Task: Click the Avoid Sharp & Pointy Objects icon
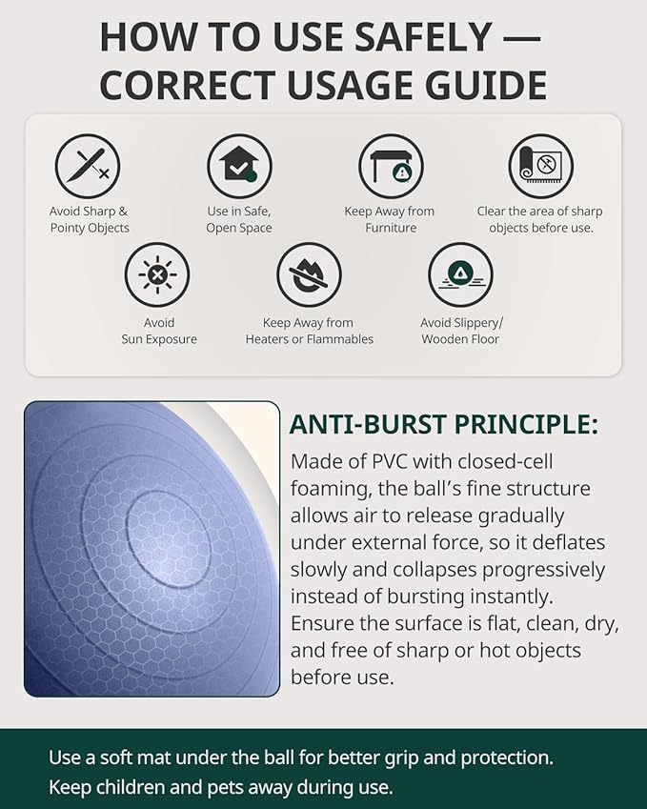pos(88,167)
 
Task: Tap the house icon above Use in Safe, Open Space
pos(239,167)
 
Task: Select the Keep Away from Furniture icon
pos(391,167)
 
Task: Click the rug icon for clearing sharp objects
pos(540,167)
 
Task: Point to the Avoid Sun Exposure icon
pos(157,275)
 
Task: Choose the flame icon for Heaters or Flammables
pos(309,275)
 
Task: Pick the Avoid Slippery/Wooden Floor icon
pos(460,275)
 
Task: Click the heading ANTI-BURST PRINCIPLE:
pos(443,425)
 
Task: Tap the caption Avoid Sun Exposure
pos(159,331)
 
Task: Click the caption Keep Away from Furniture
pos(390,219)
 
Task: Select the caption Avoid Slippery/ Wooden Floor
pos(461,331)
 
